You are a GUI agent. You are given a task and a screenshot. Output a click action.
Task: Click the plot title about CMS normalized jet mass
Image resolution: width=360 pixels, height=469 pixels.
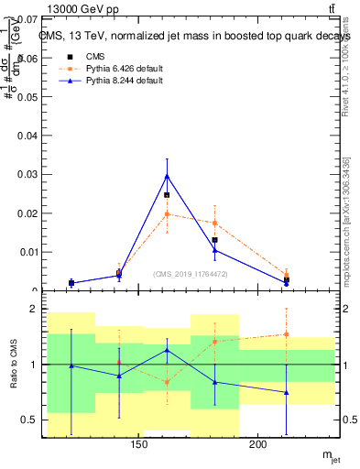(x=195, y=37)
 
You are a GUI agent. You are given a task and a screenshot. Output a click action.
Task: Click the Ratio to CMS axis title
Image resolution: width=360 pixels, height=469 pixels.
(x=13, y=365)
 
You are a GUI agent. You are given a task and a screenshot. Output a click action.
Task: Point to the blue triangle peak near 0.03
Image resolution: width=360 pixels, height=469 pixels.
(x=167, y=175)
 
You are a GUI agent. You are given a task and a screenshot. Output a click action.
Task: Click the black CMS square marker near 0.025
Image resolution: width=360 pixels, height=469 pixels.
(x=167, y=195)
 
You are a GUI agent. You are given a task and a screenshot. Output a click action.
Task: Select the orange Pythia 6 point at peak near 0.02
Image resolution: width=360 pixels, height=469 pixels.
(x=167, y=213)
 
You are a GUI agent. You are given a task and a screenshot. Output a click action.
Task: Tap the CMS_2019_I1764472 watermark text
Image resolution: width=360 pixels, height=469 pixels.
(x=191, y=275)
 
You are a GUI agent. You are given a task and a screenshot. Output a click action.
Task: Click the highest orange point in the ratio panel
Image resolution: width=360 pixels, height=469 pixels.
(x=287, y=334)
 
